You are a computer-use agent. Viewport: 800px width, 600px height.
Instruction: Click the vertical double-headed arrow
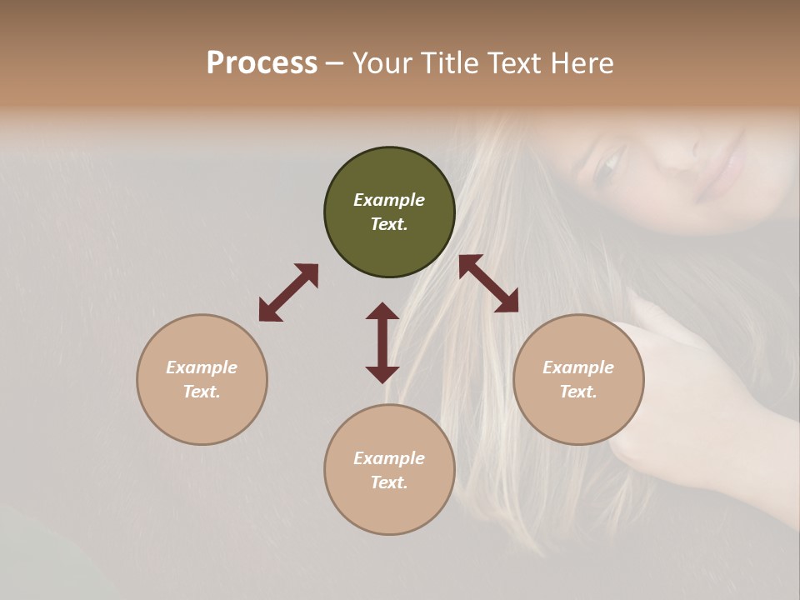click(x=382, y=342)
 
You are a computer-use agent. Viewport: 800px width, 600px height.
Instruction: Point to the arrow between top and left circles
click(x=288, y=292)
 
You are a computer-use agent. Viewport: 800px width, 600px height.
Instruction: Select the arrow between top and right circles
click(x=488, y=283)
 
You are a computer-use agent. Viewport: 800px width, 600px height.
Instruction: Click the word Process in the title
click(x=262, y=63)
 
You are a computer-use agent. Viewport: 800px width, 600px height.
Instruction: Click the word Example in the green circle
click(x=389, y=200)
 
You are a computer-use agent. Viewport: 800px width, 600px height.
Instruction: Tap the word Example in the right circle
click(x=578, y=367)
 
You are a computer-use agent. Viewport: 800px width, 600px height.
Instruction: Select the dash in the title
click(x=335, y=63)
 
